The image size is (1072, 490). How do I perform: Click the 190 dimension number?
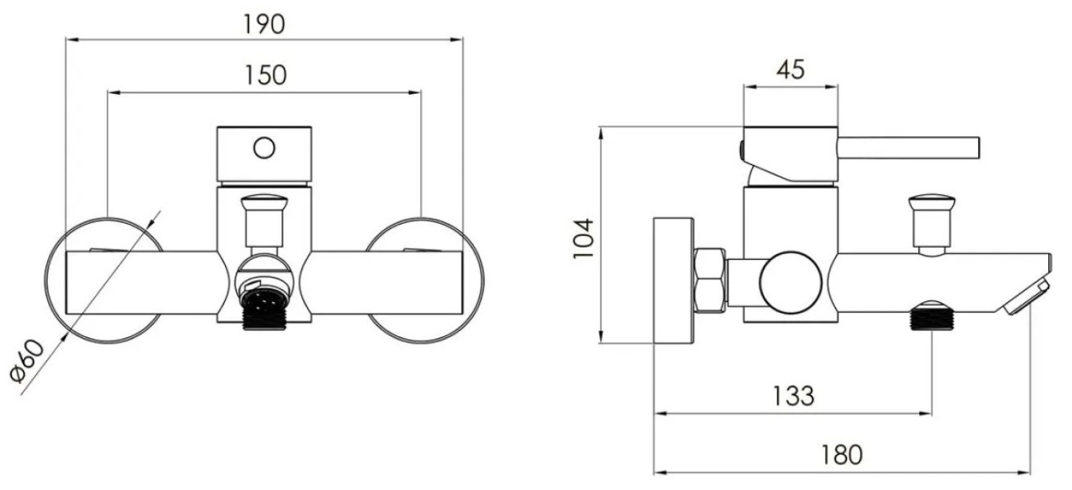(x=264, y=25)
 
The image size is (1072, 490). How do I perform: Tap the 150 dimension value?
(x=265, y=76)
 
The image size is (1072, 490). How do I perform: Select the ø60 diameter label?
(x=27, y=361)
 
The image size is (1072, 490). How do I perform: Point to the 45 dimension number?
(x=791, y=69)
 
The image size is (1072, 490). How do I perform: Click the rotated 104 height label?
(x=583, y=239)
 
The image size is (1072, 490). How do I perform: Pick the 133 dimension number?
(x=793, y=396)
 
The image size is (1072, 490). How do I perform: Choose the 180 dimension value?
(x=843, y=455)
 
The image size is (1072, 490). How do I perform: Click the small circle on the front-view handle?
(x=264, y=148)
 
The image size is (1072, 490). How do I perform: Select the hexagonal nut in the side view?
(x=710, y=281)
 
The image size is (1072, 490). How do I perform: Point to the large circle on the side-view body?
(x=791, y=281)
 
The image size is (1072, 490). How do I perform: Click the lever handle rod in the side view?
(x=909, y=148)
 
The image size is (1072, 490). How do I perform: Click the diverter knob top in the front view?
(x=264, y=203)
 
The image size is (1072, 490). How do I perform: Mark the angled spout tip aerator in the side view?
(x=1027, y=298)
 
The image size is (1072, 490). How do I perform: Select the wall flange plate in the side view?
(x=674, y=281)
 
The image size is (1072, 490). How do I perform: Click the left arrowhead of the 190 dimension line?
(x=71, y=40)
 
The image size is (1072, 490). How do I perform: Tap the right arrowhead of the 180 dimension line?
(x=1024, y=473)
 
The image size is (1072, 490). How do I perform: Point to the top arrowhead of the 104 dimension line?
(x=602, y=133)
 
